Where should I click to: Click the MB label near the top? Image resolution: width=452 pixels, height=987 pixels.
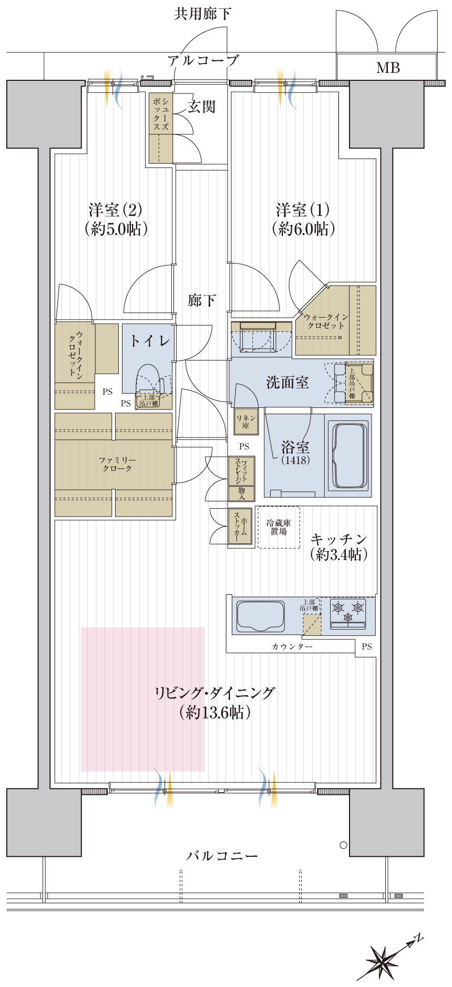pyautogui.click(x=388, y=68)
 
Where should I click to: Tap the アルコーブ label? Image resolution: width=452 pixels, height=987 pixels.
pyautogui.click(x=203, y=61)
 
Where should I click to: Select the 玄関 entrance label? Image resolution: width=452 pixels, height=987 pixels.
pyautogui.click(x=201, y=107)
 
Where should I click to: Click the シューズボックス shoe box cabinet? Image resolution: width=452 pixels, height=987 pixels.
pyautogui.click(x=160, y=128)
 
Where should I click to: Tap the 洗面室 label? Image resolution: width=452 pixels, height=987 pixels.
pyautogui.click(x=287, y=382)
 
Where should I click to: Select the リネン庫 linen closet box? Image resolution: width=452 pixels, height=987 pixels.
pyautogui.click(x=246, y=422)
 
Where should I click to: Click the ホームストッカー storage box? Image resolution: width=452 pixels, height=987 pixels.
pyautogui.click(x=240, y=526)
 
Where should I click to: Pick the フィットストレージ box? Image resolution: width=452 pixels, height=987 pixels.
pyautogui.click(x=241, y=471)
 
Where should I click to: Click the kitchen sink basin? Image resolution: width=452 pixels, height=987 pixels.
pyautogui.click(x=261, y=615)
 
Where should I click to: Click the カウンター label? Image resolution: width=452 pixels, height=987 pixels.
pyautogui.click(x=292, y=647)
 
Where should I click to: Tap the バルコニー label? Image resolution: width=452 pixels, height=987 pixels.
pyautogui.click(x=222, y=856)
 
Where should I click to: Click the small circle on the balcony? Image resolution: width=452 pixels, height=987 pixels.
pyautogui.click(x=343, y=845)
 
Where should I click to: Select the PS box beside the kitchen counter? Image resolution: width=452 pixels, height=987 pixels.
pyautogui.click(x=366, y=647)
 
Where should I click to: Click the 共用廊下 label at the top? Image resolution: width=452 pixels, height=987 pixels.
pyautogui.click(x=202, y=14)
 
